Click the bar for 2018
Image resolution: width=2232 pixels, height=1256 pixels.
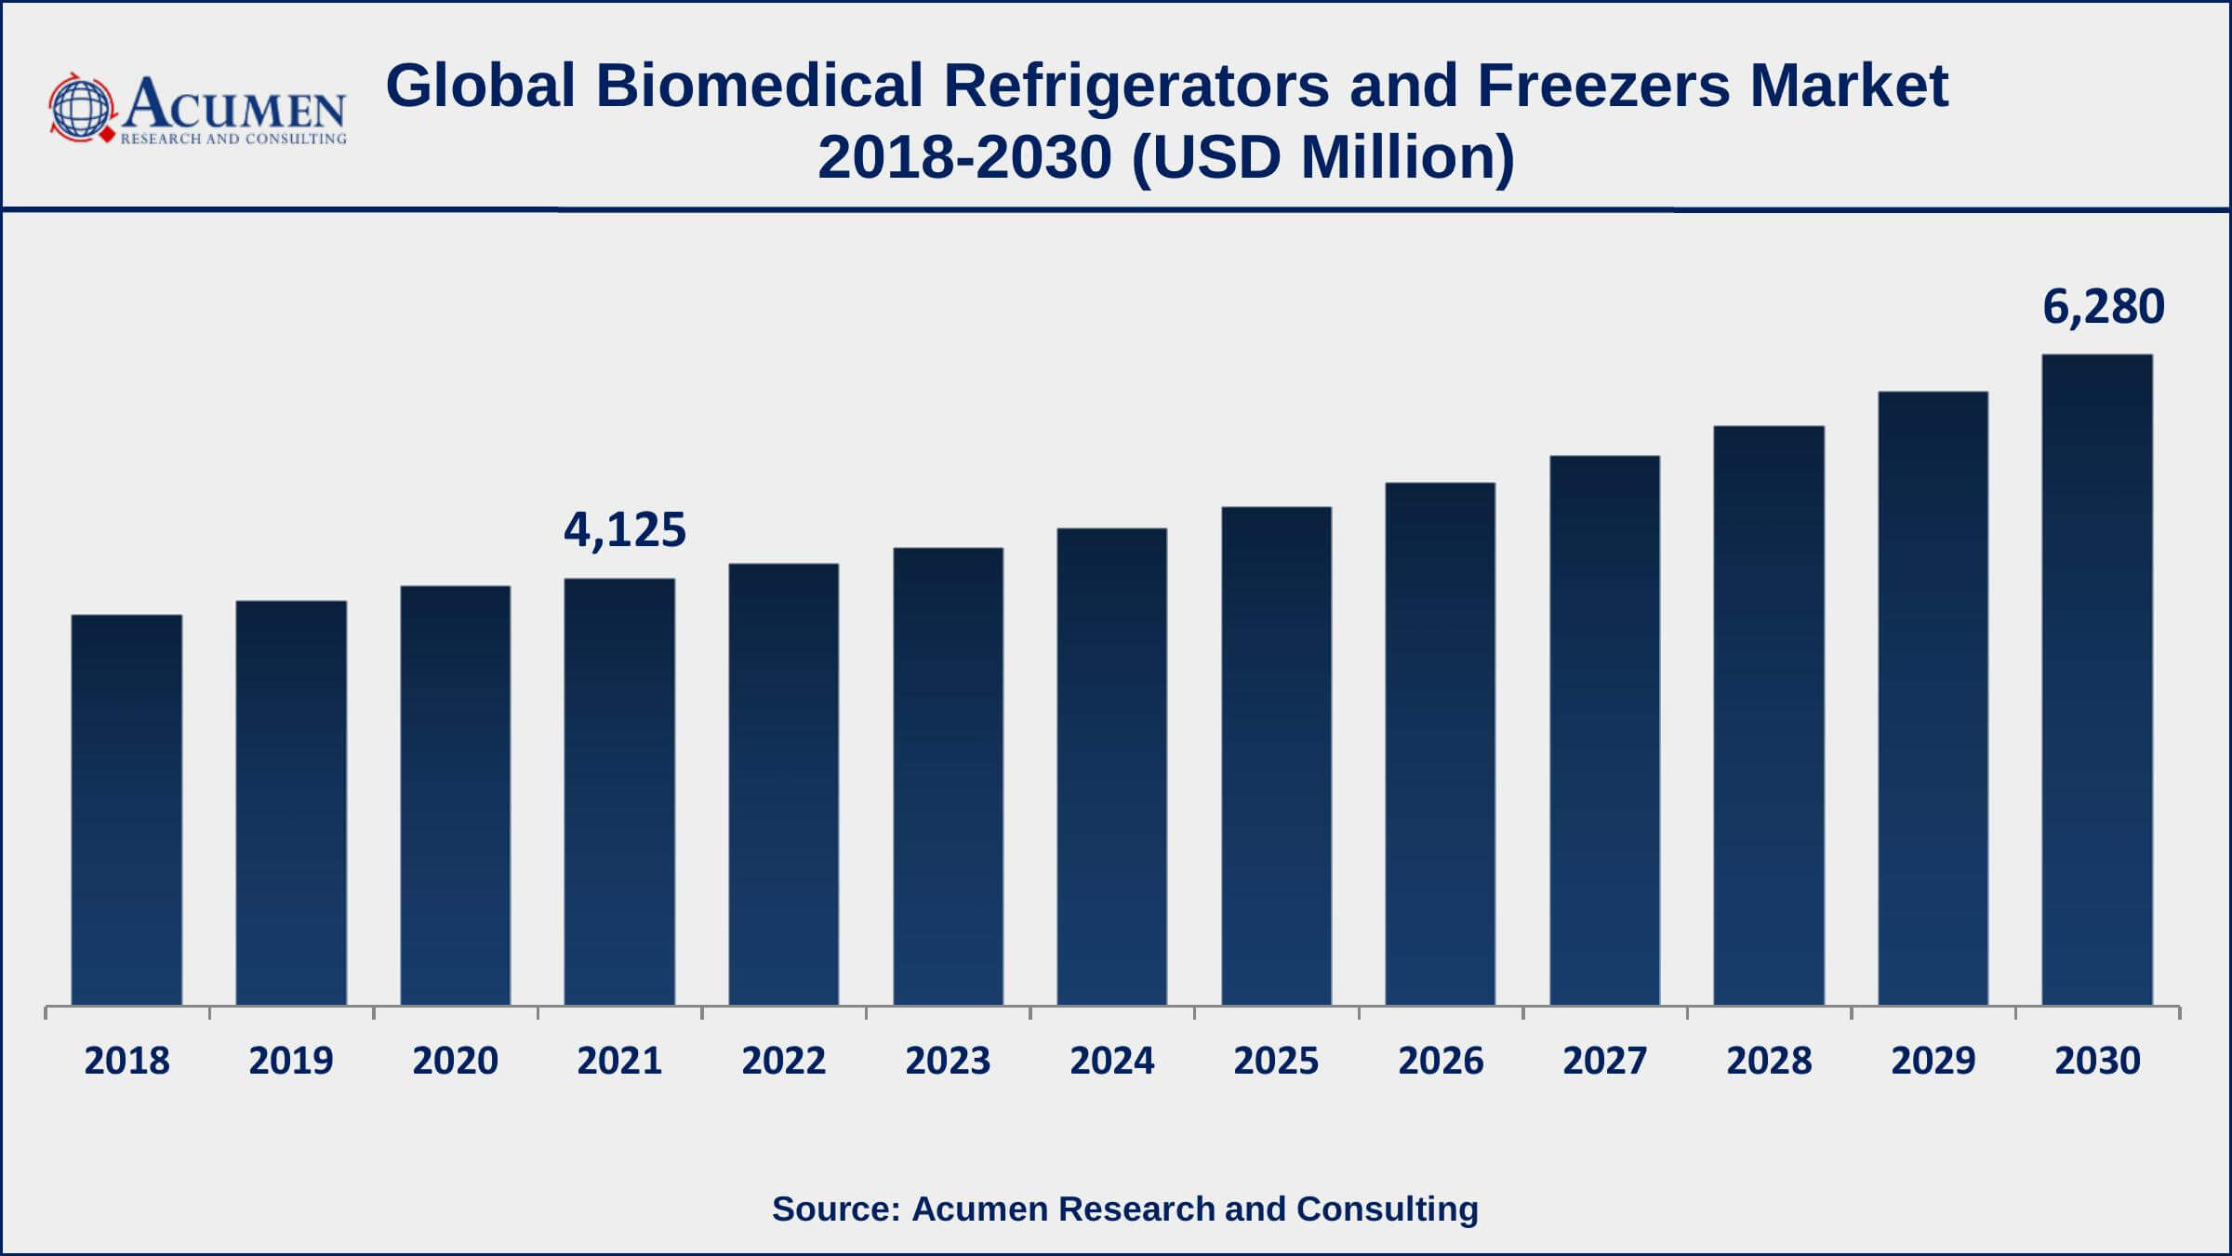(126, 809)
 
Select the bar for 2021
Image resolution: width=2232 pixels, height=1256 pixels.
(619, 791)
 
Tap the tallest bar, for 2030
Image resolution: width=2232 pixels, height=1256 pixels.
(2097, 679)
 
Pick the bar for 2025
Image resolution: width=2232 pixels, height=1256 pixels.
(1276, 755)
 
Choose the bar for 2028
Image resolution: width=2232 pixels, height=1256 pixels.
(1769, 715)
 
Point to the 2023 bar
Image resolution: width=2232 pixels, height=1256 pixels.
(948, 776)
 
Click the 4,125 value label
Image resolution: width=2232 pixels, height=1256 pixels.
(625, 530)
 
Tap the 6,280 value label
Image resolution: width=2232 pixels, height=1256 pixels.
(2104, 307)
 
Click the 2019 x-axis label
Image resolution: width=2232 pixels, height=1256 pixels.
(291, 1061)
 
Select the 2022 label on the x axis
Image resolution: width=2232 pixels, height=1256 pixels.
(784, 1061)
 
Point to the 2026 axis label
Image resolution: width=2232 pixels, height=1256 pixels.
(1441, 1061)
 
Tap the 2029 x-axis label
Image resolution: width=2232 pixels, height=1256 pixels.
(1933, 1061)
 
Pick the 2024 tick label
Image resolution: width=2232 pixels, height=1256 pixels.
(1112, 1061)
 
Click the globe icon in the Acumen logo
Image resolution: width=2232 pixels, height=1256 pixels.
(82, 108)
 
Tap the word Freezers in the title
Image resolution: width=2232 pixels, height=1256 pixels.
(1603, 86)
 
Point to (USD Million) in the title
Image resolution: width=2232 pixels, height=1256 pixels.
(1323, 156)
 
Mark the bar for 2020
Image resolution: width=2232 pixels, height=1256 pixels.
(456, 795)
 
